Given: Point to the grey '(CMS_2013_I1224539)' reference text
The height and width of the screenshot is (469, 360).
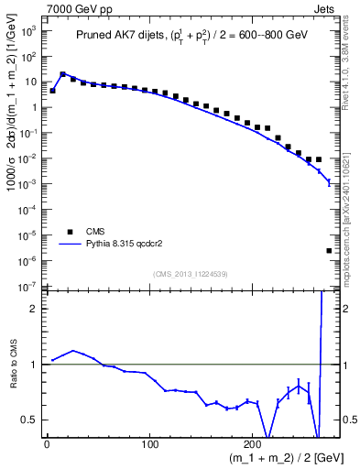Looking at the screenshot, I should tap(190, 272).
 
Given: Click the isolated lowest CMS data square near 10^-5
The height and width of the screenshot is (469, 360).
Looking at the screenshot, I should tap(329, 250).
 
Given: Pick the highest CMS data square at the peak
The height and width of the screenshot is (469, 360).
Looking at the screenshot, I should tap(62, 74).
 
